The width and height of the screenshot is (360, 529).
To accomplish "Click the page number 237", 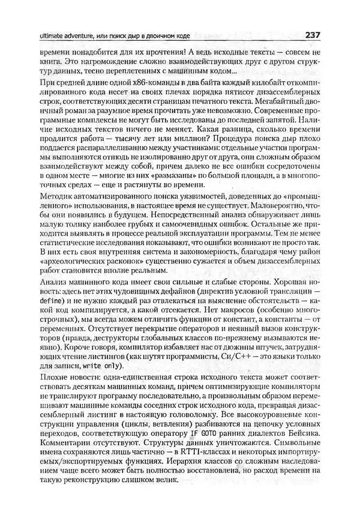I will [314, 34].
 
